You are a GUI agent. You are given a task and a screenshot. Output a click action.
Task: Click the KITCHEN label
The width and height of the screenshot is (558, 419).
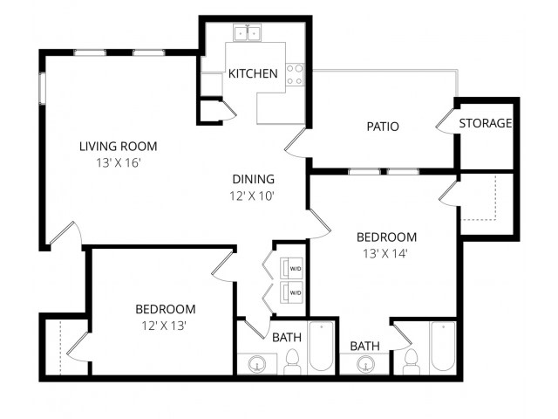point(253,73)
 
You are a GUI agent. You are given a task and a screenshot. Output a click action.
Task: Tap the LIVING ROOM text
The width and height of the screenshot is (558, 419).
point(119,146)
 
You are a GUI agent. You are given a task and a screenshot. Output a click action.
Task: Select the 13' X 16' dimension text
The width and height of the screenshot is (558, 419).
point(119,163)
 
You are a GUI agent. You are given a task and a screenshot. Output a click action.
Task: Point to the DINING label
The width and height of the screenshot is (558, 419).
point(254,179)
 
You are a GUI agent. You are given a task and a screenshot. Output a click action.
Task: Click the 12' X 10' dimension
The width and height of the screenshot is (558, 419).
point(252,196)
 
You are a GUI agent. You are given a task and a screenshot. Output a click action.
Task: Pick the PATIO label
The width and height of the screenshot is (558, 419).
point(383,127)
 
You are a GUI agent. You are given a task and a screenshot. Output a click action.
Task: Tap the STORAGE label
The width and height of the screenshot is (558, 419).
point(486,123)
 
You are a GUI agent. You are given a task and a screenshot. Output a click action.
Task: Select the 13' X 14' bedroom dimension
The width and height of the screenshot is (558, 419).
point(385,254)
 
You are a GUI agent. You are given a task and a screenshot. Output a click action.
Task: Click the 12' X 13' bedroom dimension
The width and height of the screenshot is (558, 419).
point(165,326)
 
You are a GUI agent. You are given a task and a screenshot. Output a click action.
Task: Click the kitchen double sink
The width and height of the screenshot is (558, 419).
point(247,33)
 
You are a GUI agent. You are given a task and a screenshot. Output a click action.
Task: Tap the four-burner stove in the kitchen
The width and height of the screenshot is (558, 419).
point(295,74)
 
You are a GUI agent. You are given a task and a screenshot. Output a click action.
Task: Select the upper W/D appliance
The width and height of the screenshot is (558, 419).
point(291,268)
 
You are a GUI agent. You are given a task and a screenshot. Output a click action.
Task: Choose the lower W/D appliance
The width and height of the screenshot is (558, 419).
point(291,292)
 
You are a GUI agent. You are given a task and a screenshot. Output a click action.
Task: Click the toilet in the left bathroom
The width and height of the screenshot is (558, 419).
point(292,361)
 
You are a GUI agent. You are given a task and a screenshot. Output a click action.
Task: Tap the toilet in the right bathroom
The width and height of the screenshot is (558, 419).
point(412,361)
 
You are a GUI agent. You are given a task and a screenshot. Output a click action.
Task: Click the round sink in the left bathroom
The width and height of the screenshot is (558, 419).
point(257,364)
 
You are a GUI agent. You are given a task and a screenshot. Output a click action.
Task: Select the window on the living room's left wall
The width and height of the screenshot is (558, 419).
point(43,88)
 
